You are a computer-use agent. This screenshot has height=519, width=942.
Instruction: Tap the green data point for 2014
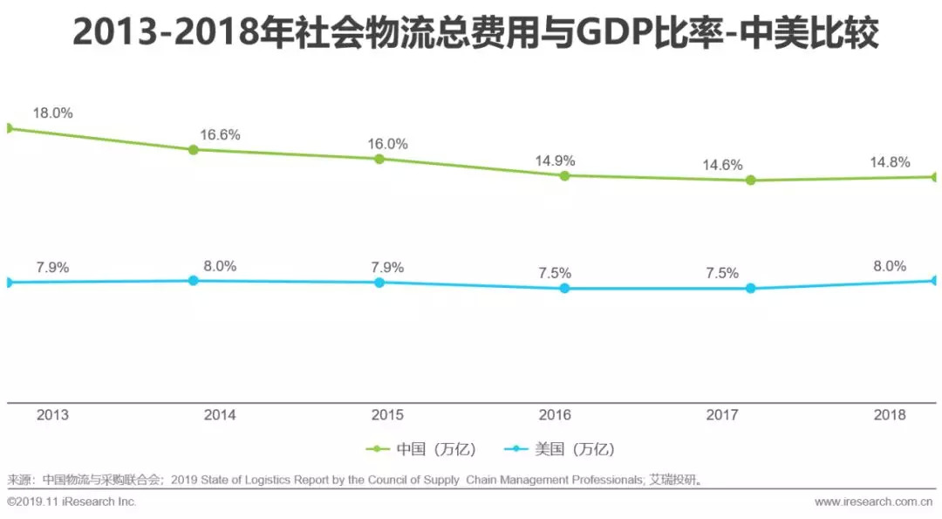point(194,149)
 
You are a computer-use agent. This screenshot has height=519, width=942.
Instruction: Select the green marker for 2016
point(564,175)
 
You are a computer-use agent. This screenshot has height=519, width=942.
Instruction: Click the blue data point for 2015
point(379,283)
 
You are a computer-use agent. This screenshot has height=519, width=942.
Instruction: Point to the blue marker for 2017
point(750,288)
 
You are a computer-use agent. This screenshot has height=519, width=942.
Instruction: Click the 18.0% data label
point(52,113)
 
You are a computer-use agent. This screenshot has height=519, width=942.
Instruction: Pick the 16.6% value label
point(220,135)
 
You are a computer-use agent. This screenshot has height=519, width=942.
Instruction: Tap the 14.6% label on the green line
point(723,165)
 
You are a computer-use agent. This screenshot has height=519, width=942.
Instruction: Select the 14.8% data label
point(890,162)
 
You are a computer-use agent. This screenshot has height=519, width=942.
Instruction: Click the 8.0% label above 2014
point(220,267)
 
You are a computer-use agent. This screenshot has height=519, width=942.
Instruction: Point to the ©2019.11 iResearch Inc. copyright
point(72,502)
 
